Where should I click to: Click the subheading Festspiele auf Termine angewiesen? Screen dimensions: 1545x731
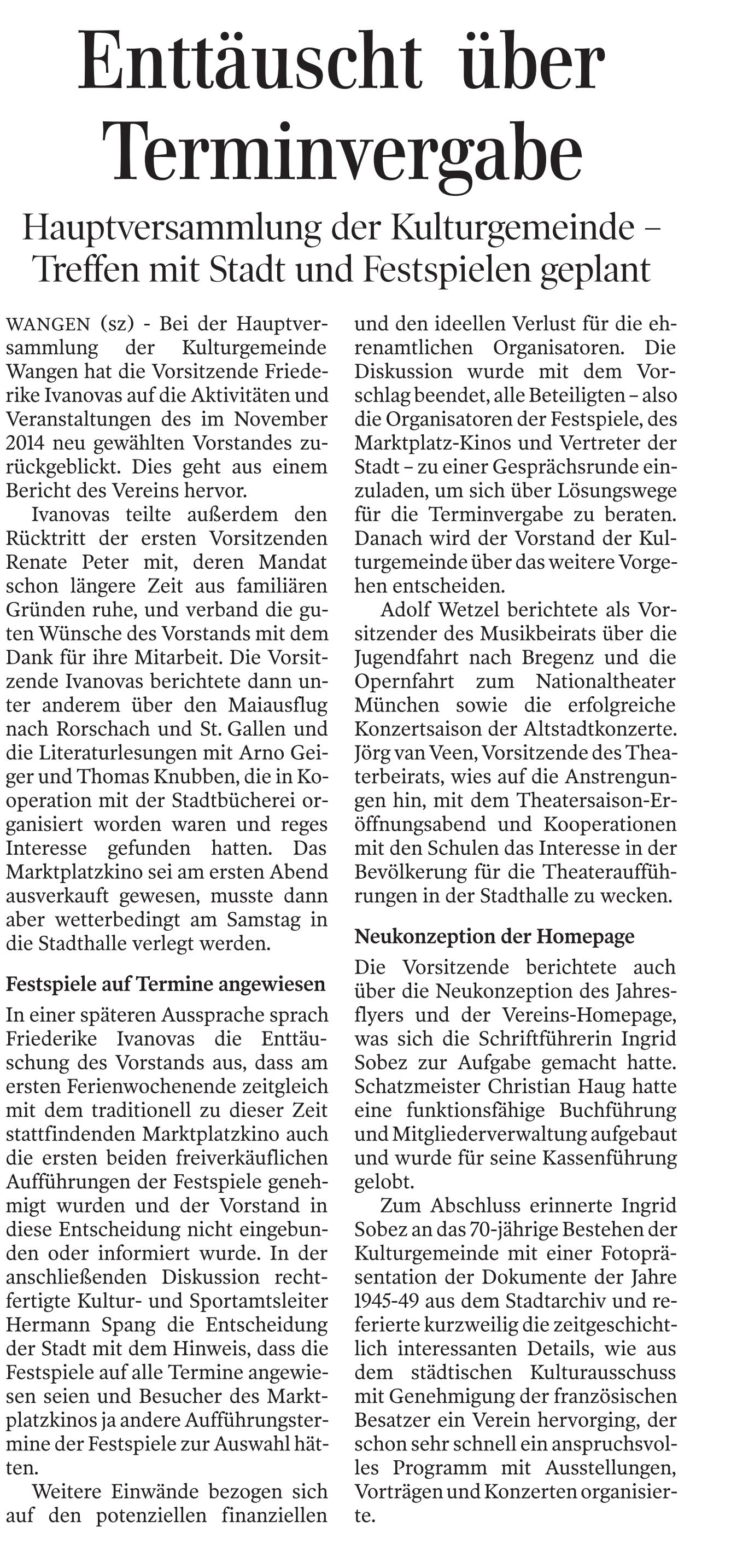click(166, 984)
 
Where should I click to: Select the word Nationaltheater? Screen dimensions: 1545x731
click(606, 681)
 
